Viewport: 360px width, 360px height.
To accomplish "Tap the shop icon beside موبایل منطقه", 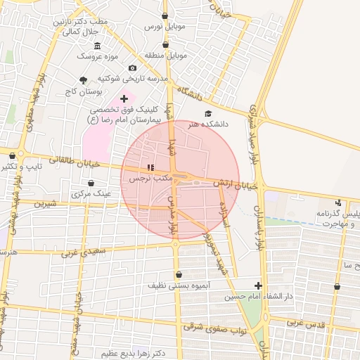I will (x=165, y=44).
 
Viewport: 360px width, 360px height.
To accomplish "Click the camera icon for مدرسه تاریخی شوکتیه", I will (x=132, y=68).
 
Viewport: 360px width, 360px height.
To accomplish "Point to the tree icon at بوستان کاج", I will (x=84, y=81).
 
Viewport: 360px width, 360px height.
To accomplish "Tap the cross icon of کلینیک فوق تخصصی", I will (x=124, y=99).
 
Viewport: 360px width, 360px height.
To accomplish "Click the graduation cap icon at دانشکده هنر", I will (x=207, y=113).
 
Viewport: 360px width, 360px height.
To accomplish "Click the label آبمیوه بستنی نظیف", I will (x=176, y=286).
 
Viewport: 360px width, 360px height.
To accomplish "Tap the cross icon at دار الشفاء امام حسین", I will (x=259, y=285).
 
